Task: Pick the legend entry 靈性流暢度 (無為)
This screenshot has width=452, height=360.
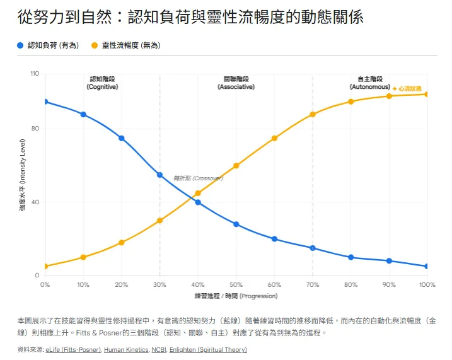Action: (130, 45)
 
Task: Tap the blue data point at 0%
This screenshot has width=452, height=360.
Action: (45, 102)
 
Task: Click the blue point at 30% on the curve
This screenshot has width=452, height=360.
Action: (159, 175)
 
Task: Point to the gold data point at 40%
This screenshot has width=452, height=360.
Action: (198, 193)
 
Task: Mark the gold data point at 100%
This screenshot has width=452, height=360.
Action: (427, 94)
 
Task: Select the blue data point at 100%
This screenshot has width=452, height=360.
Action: (427, 266)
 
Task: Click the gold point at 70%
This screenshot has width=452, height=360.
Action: (313, 114)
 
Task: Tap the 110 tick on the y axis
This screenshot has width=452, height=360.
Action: (34, 74)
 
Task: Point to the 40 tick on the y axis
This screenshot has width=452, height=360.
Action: (35, 202)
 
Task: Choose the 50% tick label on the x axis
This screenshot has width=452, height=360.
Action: (236, 285)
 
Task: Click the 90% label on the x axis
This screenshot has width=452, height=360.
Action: (389, 285)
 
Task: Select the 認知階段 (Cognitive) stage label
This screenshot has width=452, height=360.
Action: (102, 83)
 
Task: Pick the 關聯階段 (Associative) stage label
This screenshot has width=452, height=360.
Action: (236, 83)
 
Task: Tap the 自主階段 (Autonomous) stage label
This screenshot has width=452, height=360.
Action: (370, 83)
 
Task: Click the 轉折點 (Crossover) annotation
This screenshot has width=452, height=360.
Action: (199, 178)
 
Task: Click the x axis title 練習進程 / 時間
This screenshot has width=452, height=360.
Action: (236, 296)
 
